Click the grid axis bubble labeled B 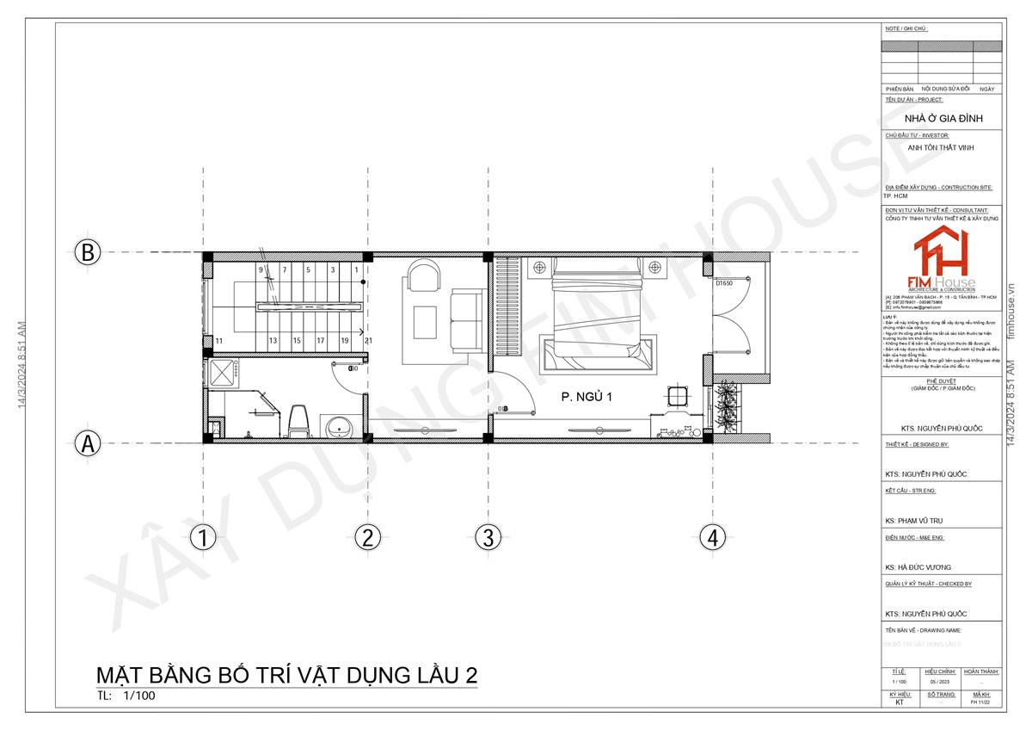click(87, 253)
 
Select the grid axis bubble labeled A click(87, 443)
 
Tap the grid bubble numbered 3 click(488, 538)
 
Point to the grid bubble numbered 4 click(711, 538)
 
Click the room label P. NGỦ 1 click(590, 397)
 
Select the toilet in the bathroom click(299, 418)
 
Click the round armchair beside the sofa click(423, 277)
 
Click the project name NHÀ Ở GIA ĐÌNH click(943, 118)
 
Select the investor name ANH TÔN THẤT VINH click(943, 147)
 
